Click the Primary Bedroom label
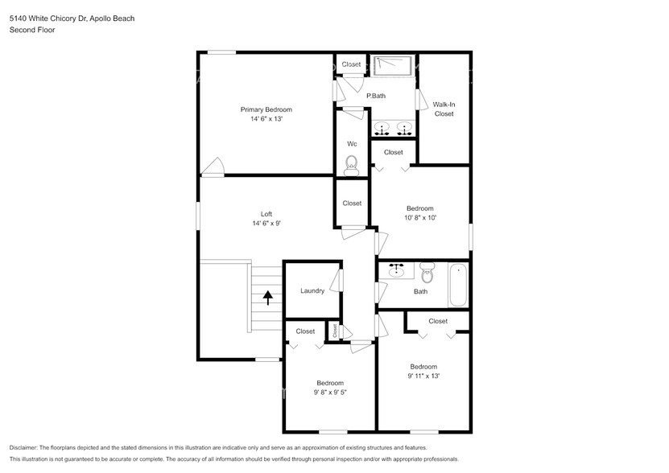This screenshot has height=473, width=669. (266, 109)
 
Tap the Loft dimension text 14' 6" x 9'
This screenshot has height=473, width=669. (266, 223)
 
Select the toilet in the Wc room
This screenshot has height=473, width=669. (351, 167)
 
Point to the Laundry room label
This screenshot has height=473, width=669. (312, 290)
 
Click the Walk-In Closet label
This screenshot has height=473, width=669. (444, 109)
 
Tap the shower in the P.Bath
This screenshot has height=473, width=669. (392, 65)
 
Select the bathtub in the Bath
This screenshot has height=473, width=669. (458, 286)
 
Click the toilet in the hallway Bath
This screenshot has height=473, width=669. (427, 274)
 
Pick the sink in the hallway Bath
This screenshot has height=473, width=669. (396, 271)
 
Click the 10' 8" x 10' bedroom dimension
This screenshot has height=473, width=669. (419, 217)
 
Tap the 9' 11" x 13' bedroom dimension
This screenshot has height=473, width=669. (423, 376)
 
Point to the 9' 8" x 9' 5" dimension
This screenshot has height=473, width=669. (330, 393)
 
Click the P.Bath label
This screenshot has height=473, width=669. (376, 96)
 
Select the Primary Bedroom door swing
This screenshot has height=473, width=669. (213, 167)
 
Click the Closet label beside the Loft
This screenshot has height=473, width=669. (352, 204)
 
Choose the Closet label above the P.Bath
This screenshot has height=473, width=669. (351, 64)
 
